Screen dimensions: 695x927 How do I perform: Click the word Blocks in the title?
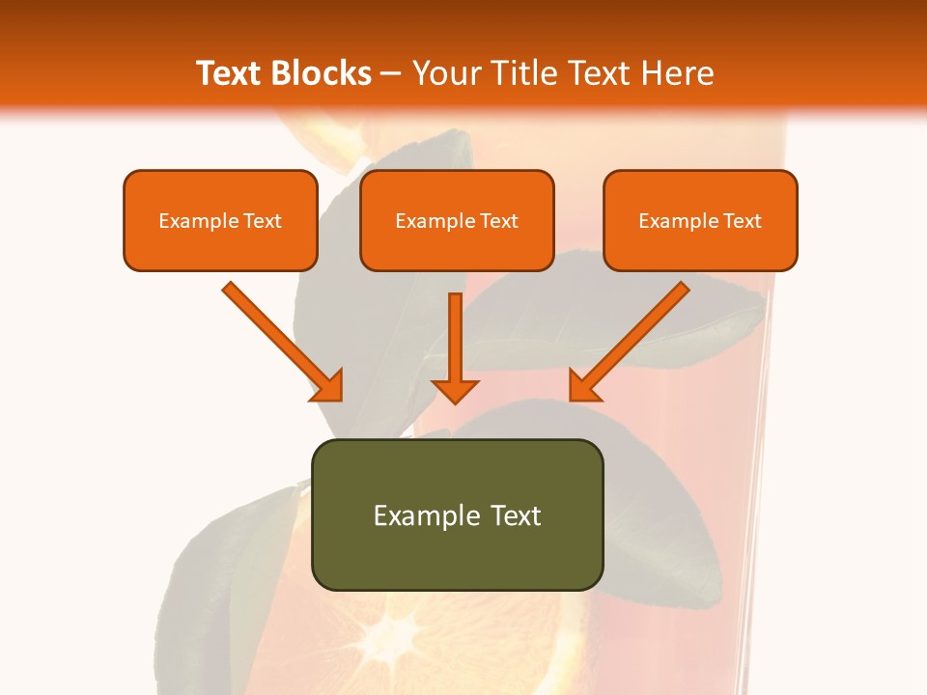(x=322, y=73)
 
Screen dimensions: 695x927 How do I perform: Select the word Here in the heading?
(x=678, y=73)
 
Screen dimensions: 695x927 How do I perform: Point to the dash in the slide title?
(x=392, y=73)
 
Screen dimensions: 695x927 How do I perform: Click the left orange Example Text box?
(x=220, y=221)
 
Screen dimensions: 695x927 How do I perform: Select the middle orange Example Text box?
(x=457, y=221)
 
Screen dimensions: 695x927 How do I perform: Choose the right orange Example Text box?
(x=700, y=221)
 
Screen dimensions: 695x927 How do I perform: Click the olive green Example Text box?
(x=457, y=514)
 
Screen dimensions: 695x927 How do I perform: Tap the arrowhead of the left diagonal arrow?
(x=328, y=386)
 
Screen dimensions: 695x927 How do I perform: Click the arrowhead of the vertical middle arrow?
(x=455, y=390)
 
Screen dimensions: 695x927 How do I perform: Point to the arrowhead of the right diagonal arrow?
(x=583, y=386)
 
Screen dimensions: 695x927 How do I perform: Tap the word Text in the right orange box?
(x=742, y=221)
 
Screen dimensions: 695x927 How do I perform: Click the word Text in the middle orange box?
(x=498, y=221)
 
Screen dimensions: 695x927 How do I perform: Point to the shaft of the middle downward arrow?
(x=455, y=333)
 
